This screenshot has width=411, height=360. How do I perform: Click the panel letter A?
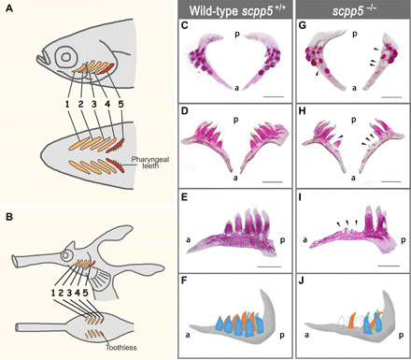(x=9, y=8)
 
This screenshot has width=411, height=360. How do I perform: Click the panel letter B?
(x=9, y=217)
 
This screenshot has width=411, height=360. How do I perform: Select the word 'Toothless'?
(x=121, y=348)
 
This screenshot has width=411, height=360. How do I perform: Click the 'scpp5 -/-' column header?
(x=353, y=10)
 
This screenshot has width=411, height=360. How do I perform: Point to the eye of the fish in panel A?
(x=65, y=57)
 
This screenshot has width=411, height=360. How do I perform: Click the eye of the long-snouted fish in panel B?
(x=65, y=255)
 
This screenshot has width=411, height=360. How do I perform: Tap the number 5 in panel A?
(x=120, y=104)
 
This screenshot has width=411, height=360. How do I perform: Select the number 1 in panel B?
(x=53, y=293)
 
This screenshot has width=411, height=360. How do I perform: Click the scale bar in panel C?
(x=273, y=97)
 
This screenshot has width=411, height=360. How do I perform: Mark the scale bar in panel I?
(x=390, y=266)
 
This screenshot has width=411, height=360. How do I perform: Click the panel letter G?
(x=302, y=25)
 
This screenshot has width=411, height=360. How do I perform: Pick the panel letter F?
(x=184, y=281)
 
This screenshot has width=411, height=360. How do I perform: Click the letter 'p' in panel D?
(x=235, y=120)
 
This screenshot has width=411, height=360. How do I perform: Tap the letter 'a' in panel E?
(x=188, y=239)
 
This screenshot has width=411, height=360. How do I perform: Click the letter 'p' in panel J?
(x=402, y=336)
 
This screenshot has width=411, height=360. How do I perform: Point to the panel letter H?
(x=303, y=112)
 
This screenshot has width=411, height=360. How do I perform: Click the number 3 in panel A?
(x=94, y=104)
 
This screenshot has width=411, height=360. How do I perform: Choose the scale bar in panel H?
(x=390, y=181)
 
